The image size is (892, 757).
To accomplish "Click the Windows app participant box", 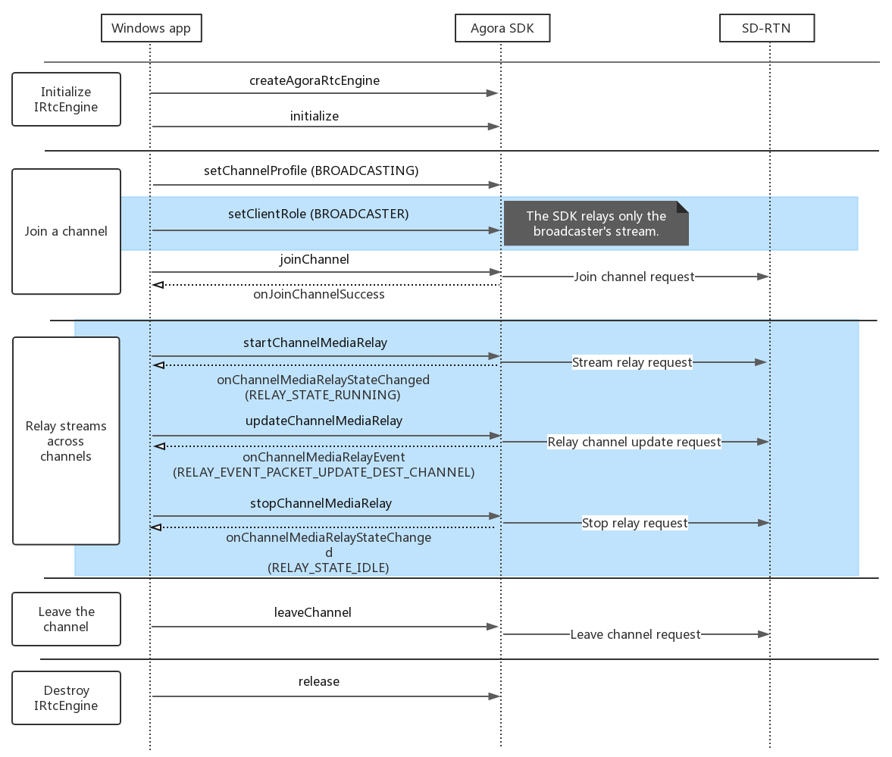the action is (x=152, y=28).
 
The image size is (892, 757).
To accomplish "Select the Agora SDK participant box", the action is (x=502, y=28).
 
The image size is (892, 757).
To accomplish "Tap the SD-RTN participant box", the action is (x=767, y=28).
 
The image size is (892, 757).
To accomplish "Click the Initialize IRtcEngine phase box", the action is (x=66, y=99).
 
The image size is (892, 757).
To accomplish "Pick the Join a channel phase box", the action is (x=66, y=231).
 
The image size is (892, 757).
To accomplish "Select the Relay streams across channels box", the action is (x=66, y=441).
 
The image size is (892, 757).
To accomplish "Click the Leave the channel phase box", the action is (x=66, y=619).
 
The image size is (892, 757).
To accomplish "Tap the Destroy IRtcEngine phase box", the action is (x=66, y=698).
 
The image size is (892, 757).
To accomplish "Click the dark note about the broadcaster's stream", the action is (x=596, y=224).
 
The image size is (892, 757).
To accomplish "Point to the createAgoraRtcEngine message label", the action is (x=315, y=81).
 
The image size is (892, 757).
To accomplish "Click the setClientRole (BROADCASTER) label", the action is (x=318, y=214).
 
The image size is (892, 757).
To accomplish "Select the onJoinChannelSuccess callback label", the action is (x=319, y=294).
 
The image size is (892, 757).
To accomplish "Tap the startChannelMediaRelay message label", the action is (x=315, y=343).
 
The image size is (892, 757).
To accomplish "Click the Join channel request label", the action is (x=634, y=277).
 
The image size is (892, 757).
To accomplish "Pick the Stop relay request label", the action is (x=635, y=523).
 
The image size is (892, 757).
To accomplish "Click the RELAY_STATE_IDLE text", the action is (x=328, y=568).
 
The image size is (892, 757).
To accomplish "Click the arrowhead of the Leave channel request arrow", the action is (x=764, y=634).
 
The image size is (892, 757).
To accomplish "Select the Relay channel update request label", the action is (x=634, y=442).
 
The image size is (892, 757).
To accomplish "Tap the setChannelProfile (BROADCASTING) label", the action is (x=311, y=170).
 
